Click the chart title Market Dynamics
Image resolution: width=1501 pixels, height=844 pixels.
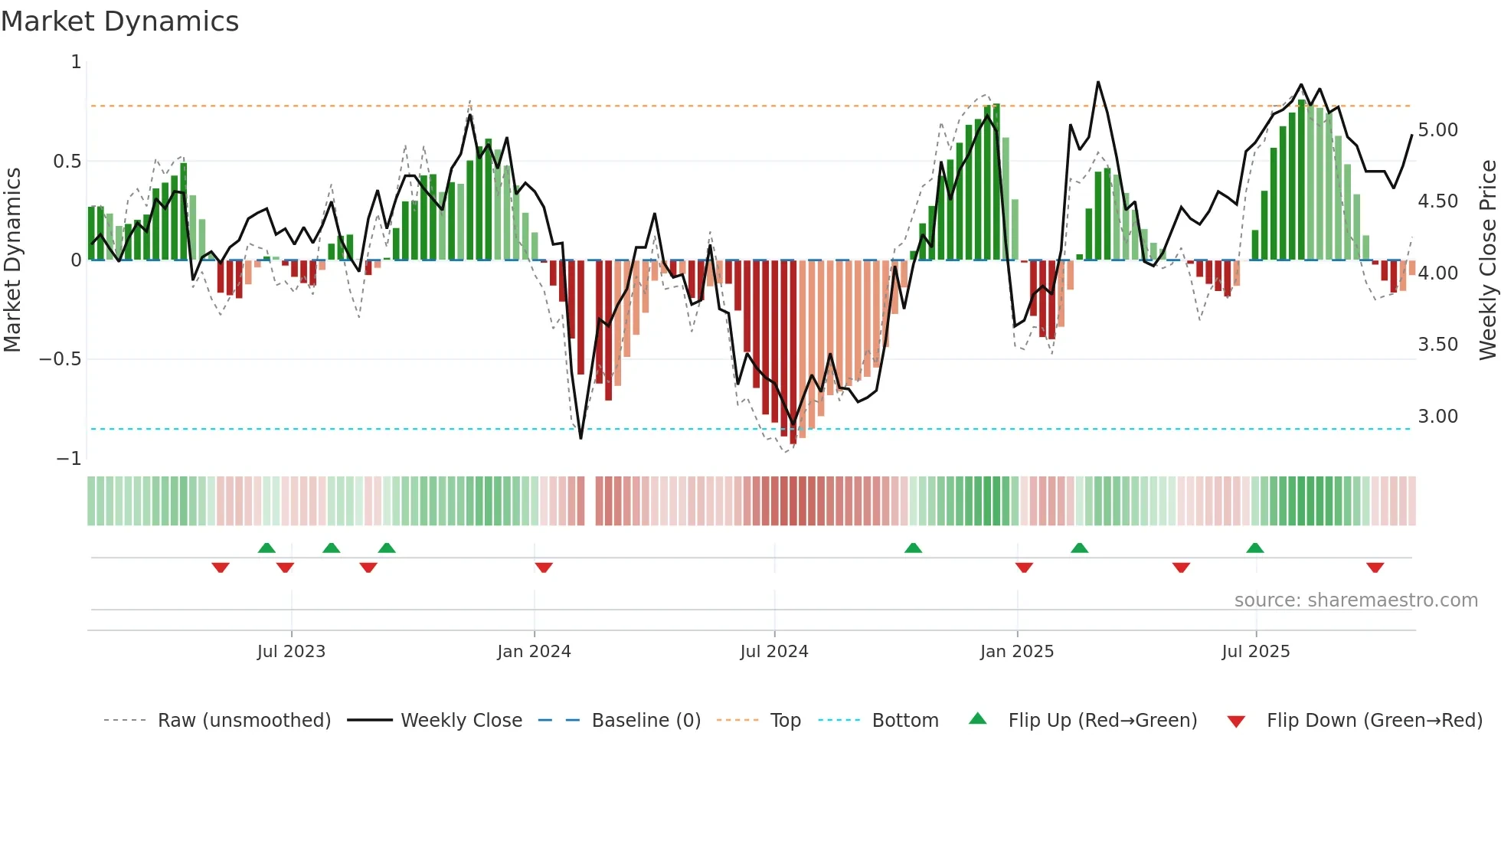[x=119, y=21]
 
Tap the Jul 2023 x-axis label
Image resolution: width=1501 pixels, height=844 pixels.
[x=291, y=652]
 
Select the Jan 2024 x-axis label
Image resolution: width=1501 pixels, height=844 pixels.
[x=534, y=652]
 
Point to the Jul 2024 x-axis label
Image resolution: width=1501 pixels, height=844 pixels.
[x=773, y=652]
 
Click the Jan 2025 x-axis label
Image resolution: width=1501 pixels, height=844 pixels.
[x=1016, y=652]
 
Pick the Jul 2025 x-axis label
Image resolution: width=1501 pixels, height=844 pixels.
[x=1255, y=652]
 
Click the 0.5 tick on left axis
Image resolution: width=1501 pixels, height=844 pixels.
[x=67, y=162]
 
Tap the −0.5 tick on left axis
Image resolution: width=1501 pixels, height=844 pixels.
[x=60, y=359]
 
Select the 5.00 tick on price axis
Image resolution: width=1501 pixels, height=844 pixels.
[x=1437, y=130]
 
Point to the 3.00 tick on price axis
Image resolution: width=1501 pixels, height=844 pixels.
[x=1437, y=417]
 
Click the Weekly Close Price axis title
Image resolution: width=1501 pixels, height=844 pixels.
[x=1487, y=260]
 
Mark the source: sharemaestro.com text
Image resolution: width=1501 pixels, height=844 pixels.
[x=1355, y=600]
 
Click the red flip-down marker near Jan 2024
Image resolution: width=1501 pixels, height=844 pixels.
[x=544, y=568]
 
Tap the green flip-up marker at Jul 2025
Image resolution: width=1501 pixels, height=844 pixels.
[x=1254, y=548]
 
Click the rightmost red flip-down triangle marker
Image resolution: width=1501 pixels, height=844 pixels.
[x=1375, y=568]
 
